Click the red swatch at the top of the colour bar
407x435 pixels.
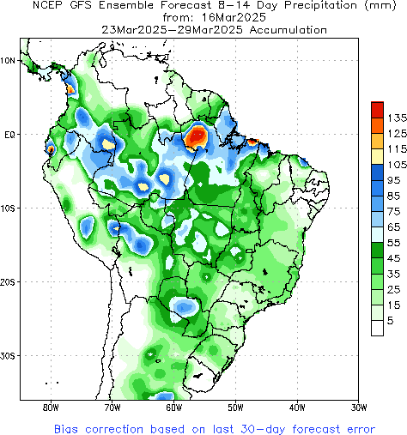(x=376, y=109)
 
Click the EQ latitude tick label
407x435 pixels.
(x=9, y=135)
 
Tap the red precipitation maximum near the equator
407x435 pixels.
(x=197, y=135)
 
